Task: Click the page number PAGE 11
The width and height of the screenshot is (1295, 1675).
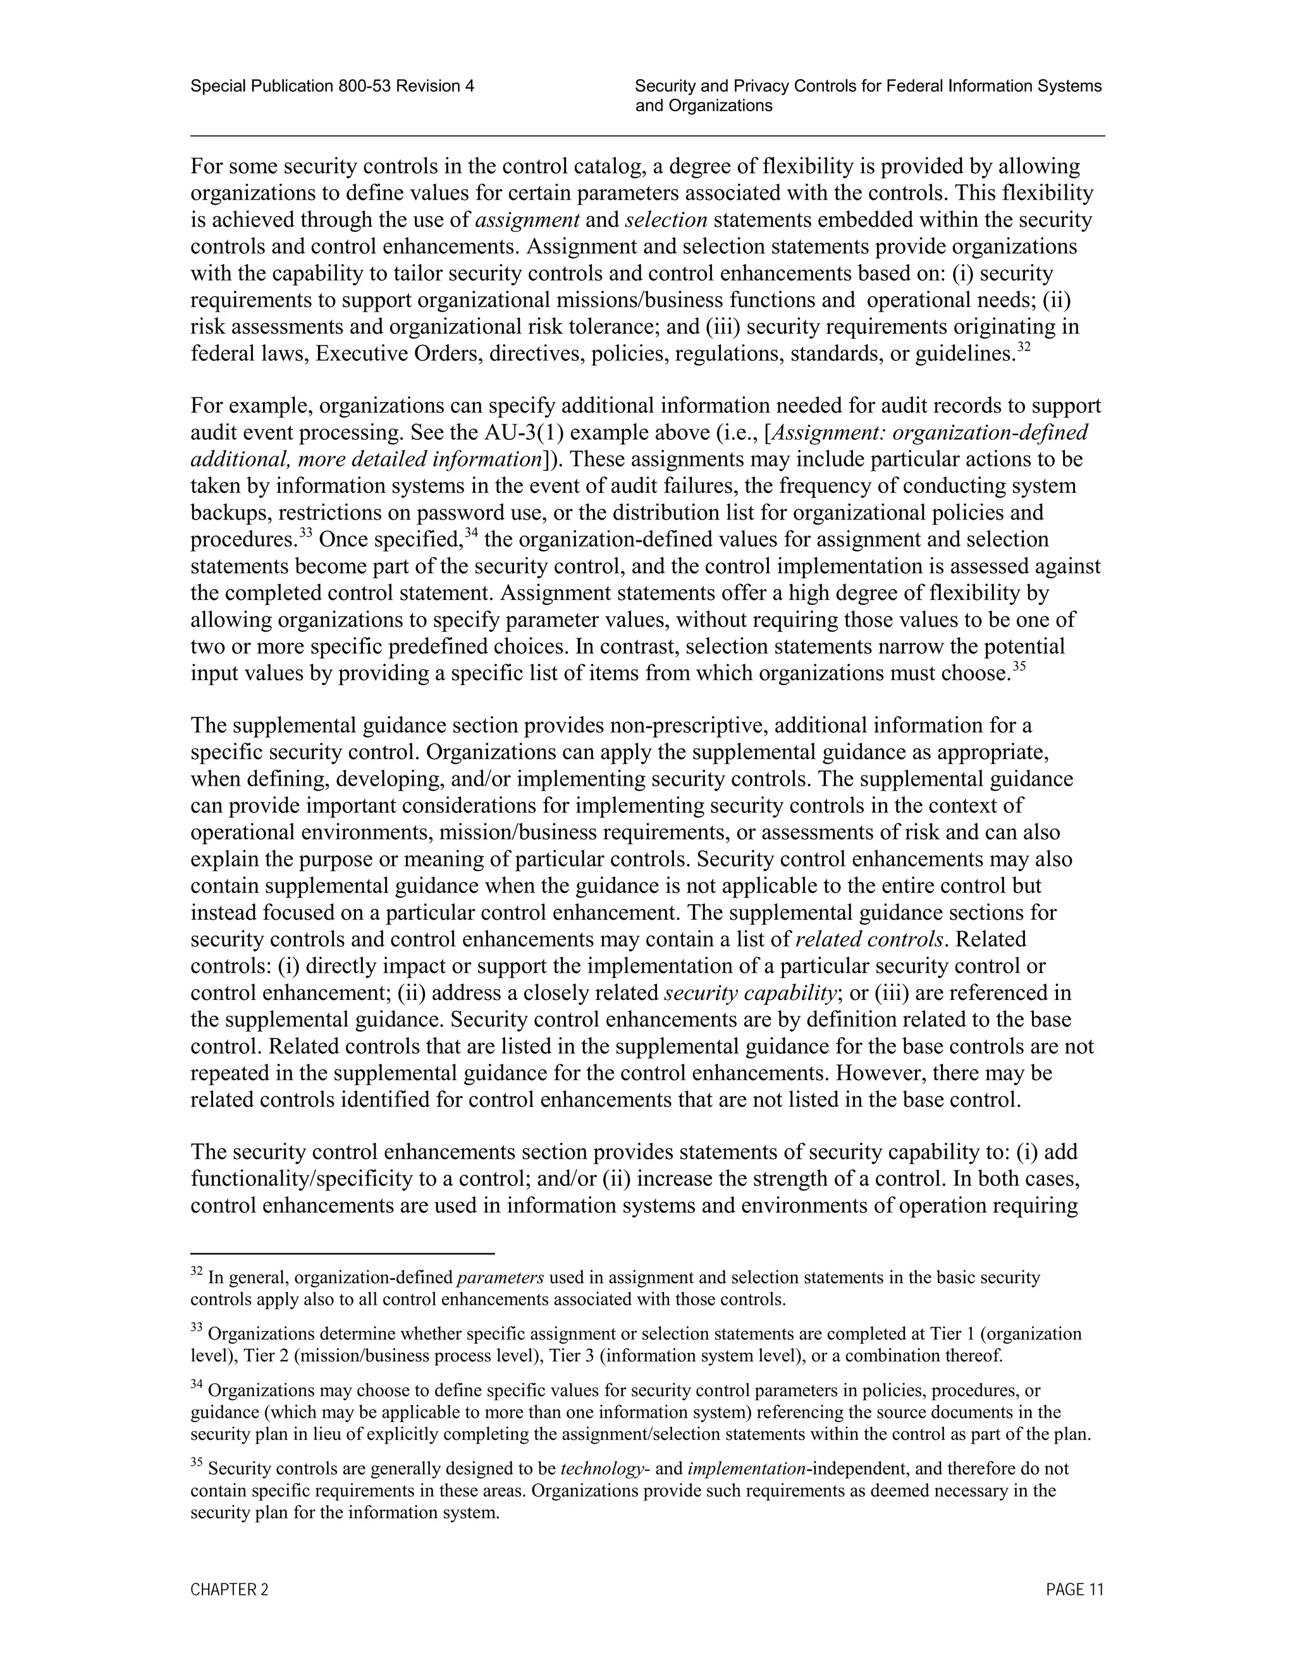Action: pos(1074,1589)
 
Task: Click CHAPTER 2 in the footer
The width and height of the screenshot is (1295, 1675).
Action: pos(230,1589)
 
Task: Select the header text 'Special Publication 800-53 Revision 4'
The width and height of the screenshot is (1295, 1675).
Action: pos(332,86)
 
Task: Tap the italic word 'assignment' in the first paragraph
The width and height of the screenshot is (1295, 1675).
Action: pos(527,220)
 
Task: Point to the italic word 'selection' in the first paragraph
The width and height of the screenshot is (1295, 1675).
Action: pos(666,220)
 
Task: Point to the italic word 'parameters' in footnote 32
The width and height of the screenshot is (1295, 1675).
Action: pos(500,1277)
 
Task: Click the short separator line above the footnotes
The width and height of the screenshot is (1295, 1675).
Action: pos(342,1253)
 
